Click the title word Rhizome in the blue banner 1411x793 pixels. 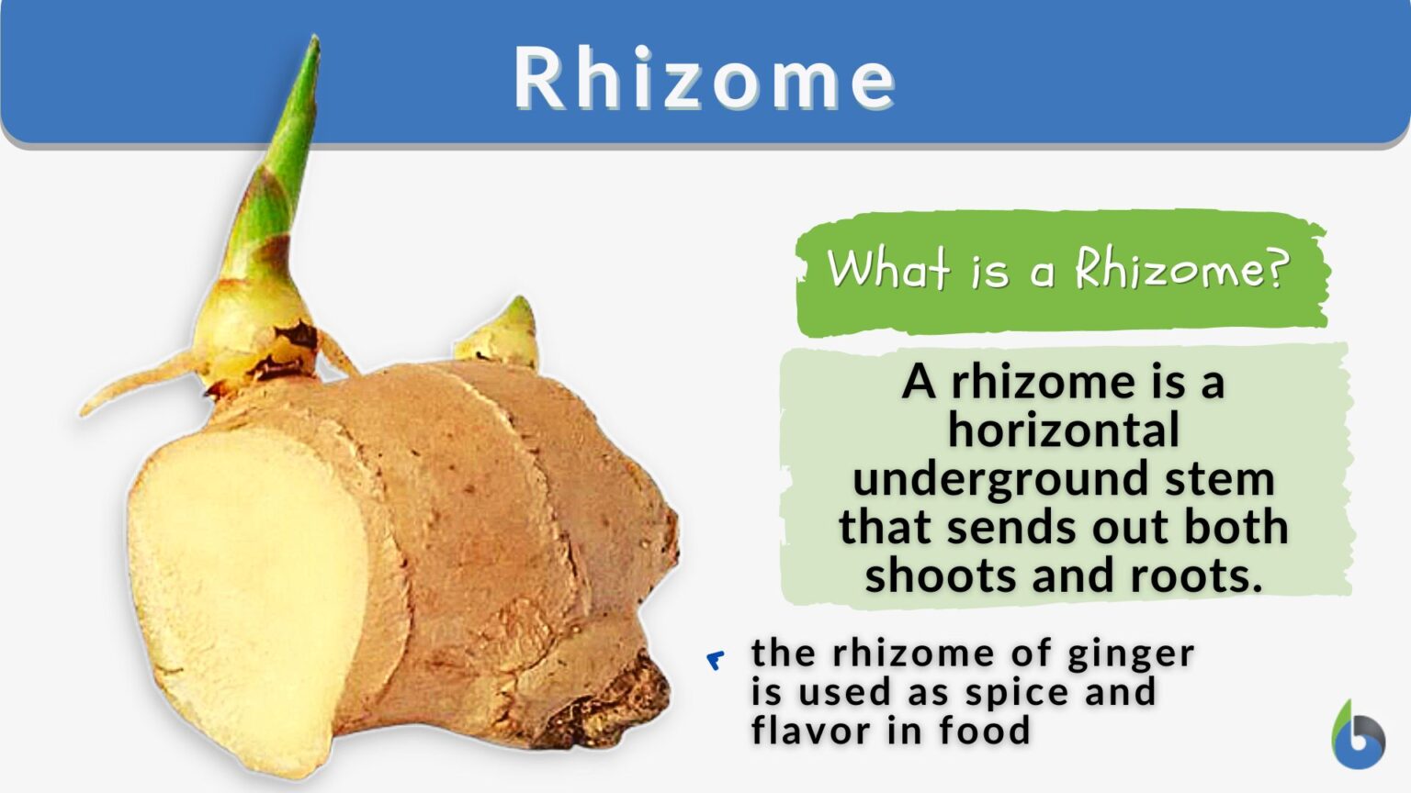[704, 79]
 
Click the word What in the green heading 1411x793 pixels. [887, 269]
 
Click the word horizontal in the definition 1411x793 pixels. [1064, 430]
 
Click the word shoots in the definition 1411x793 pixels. [941, 576]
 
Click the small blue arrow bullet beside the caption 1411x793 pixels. [716, 660]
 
